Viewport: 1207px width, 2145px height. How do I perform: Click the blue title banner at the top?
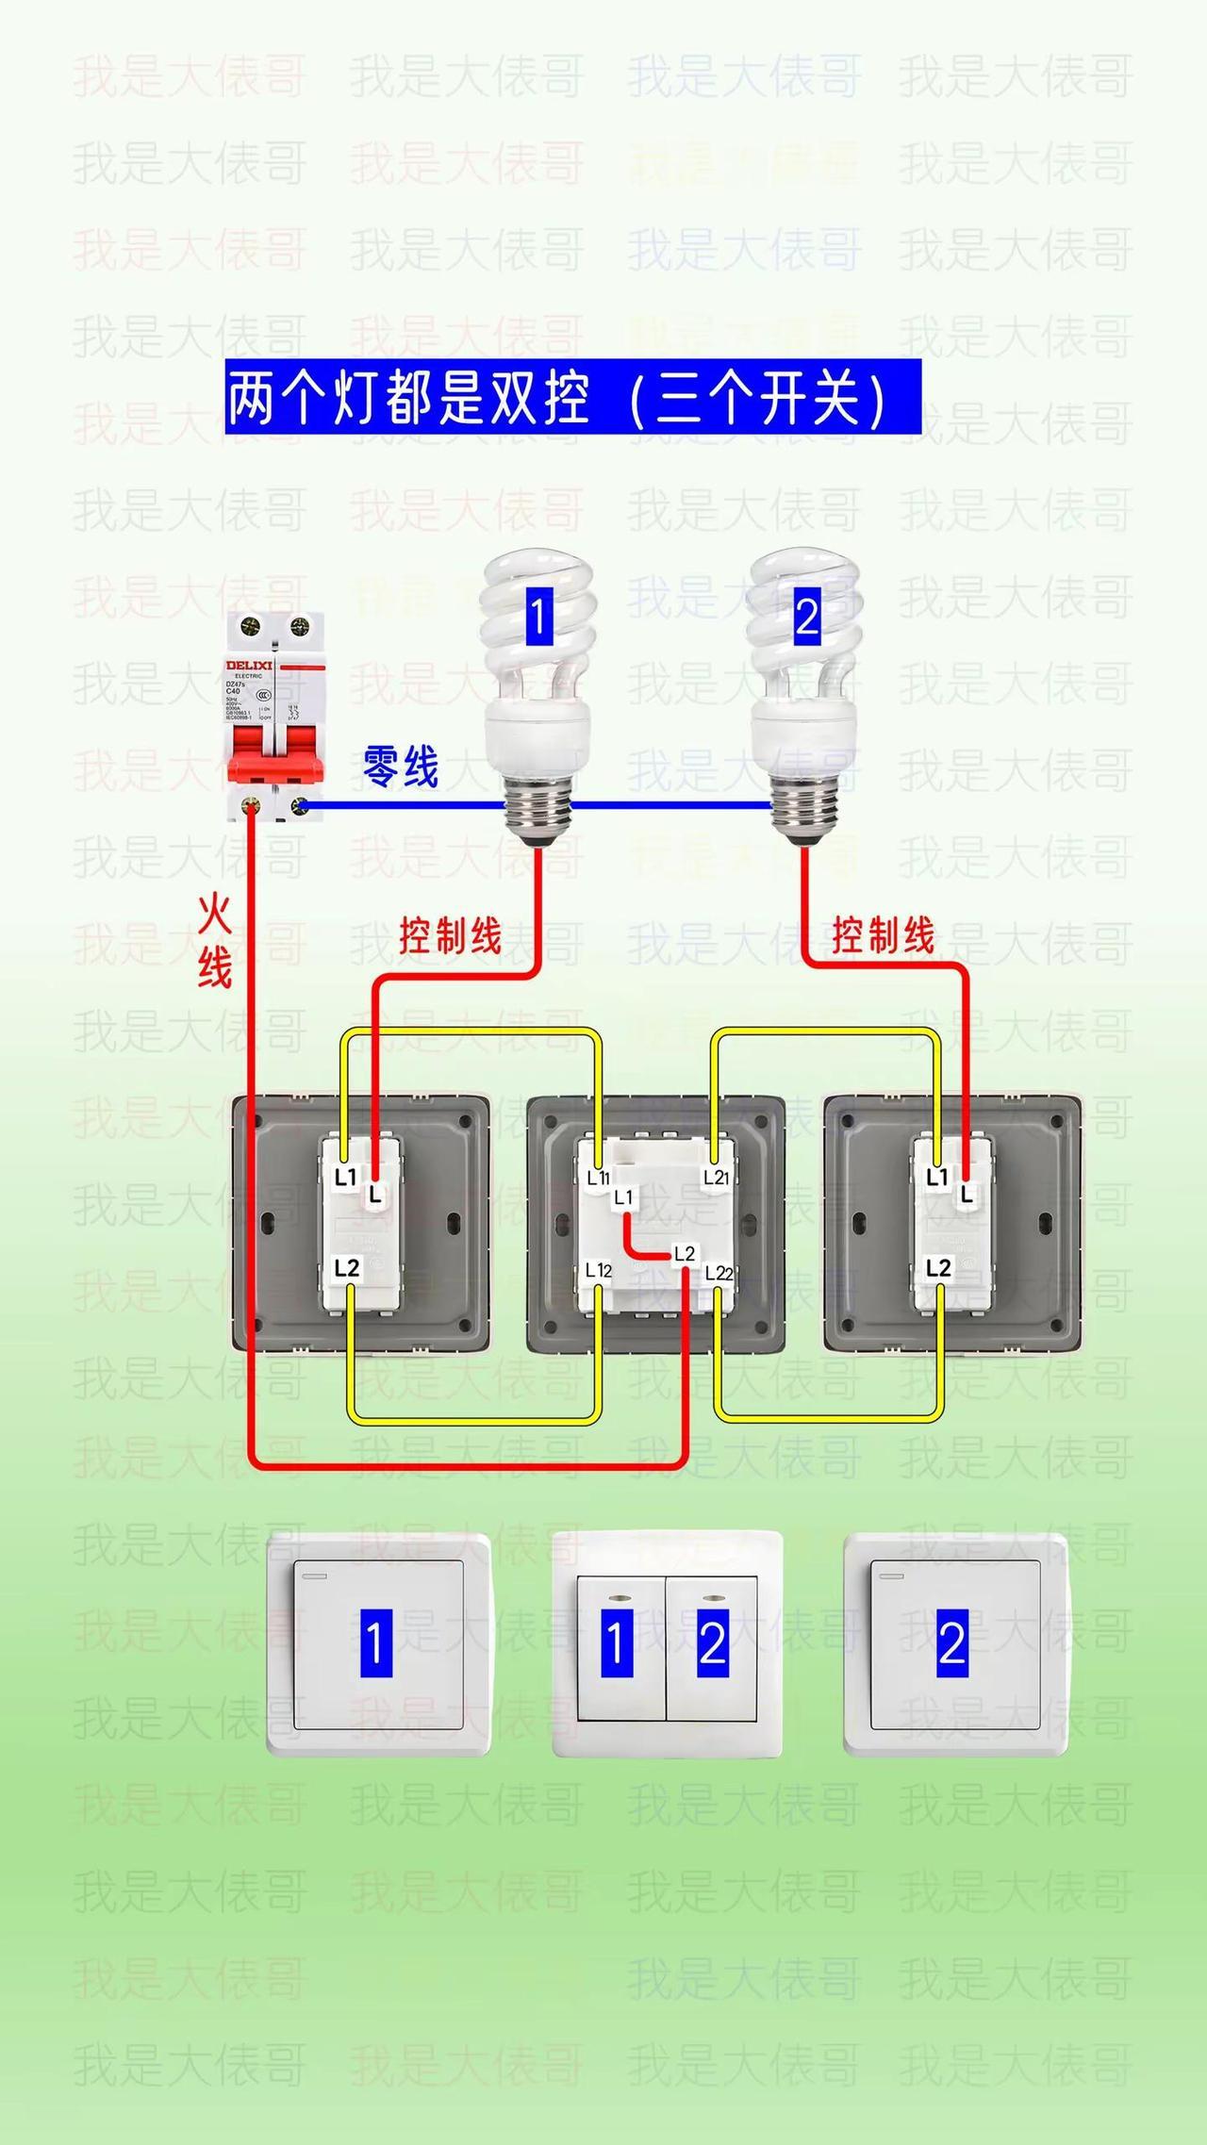(x=572, y=397)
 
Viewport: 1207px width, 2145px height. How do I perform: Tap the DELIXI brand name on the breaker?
(x=249, y=666)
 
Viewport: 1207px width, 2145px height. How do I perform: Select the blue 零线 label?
(x=401, y=766)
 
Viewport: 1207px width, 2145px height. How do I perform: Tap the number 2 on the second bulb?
(x=806, y=617)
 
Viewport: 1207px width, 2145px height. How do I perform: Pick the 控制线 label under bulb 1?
(x=450, y=935)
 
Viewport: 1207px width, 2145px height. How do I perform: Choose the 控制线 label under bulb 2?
(x=883, y=935)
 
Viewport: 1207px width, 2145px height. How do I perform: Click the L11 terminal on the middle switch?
(x=598, y=1177)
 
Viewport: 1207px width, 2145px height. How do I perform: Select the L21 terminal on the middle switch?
(x=717, y=1177)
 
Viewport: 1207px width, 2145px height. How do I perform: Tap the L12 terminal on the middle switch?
(x=599, y=1270)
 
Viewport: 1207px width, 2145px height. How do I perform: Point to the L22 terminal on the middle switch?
(x=719, y=1273)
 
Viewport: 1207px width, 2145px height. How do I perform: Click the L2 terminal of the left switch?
(x=347, y=1268)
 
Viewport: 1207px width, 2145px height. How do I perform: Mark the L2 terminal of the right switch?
(x=938, y=1267)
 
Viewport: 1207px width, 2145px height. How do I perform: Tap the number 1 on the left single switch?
(x=376, y=1643)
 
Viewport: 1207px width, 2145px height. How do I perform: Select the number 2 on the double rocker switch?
(x=713, y=1643)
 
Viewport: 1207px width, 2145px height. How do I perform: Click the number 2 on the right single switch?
(x=952, y=1643)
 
